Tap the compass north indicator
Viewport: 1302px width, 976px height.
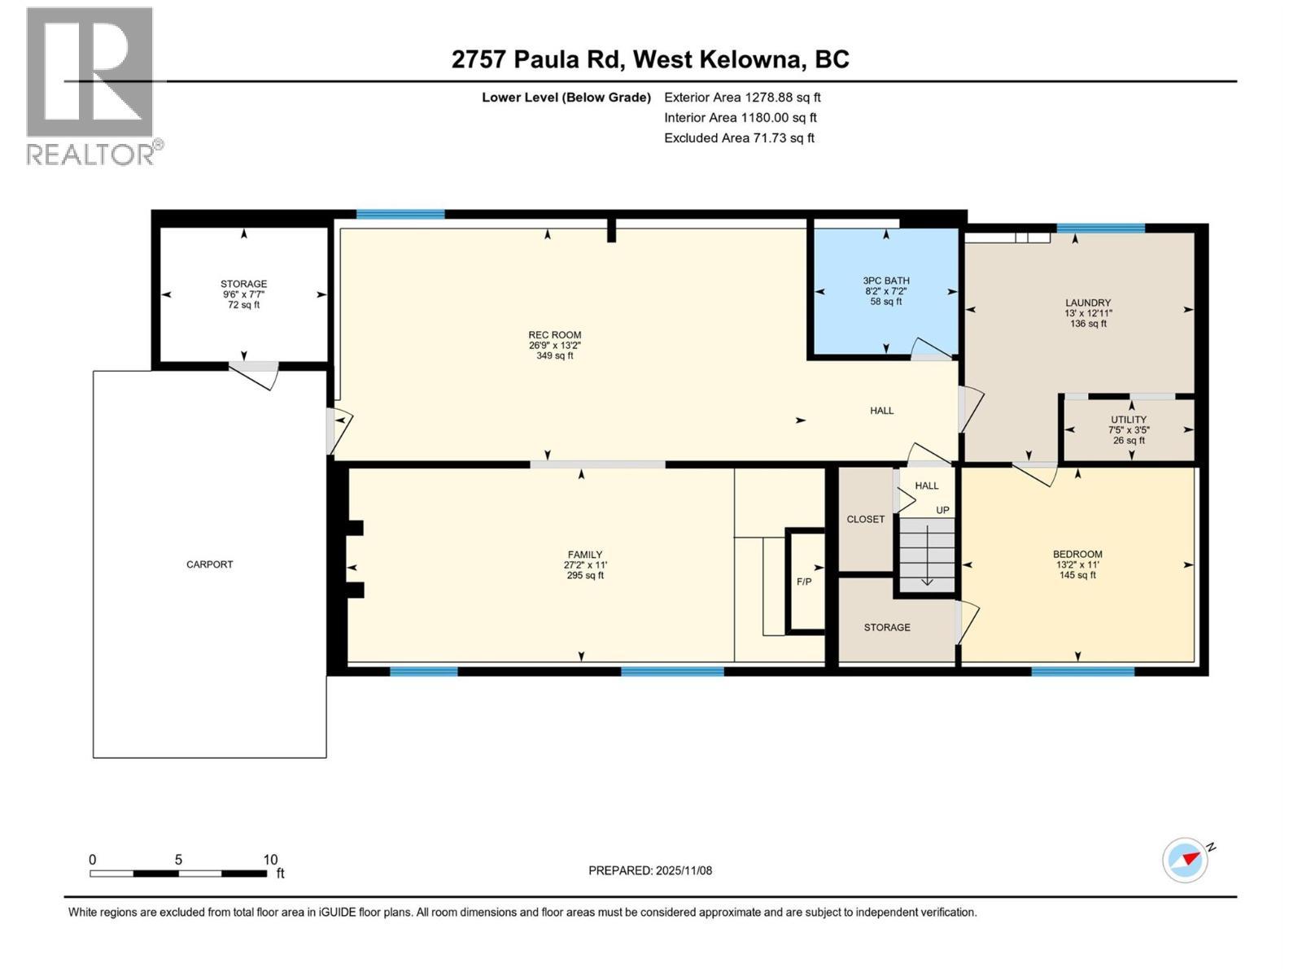click(x=1186, y=859)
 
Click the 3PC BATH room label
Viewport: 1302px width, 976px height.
click(x=886, y=281)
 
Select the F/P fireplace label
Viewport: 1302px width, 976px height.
click(x=804, y=582)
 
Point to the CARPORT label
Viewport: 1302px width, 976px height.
click(x=209, y=564)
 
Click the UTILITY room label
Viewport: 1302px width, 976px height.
click(x=1129, y=420)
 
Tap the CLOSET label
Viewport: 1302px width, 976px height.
click(x=865, y=519)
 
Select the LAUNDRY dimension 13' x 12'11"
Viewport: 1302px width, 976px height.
click(x=1088, y=313)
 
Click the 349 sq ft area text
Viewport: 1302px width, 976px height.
click(x=555, y=355)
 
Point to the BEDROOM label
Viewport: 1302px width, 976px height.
click(x=1077, y=555)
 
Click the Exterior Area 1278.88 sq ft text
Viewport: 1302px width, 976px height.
click(x=742, y=98)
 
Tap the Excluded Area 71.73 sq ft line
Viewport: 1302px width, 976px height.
click(x=739, y=138)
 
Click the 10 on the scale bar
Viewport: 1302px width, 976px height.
click(x=270, y=860)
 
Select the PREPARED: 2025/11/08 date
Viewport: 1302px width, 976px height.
click(x=650, y=870)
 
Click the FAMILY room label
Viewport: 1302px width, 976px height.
click(x=585, y=555)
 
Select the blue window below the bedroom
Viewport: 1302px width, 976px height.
click(x=1082, y=672)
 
